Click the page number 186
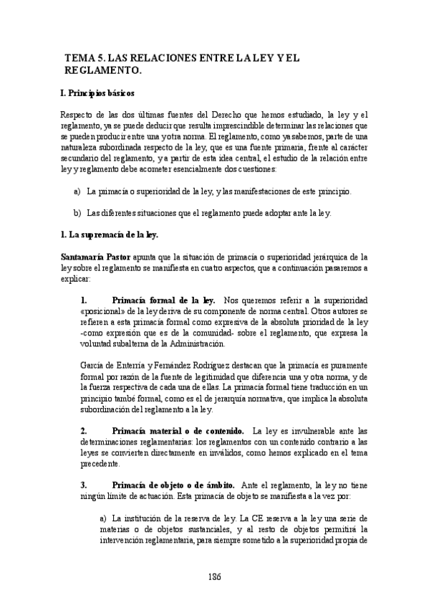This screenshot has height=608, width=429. point(214,576)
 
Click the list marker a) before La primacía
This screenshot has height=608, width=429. point(77,192)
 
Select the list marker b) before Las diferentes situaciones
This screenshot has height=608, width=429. point(77,213)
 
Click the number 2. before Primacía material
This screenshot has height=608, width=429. point(85,431)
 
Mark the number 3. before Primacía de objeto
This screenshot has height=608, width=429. point(85,485)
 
